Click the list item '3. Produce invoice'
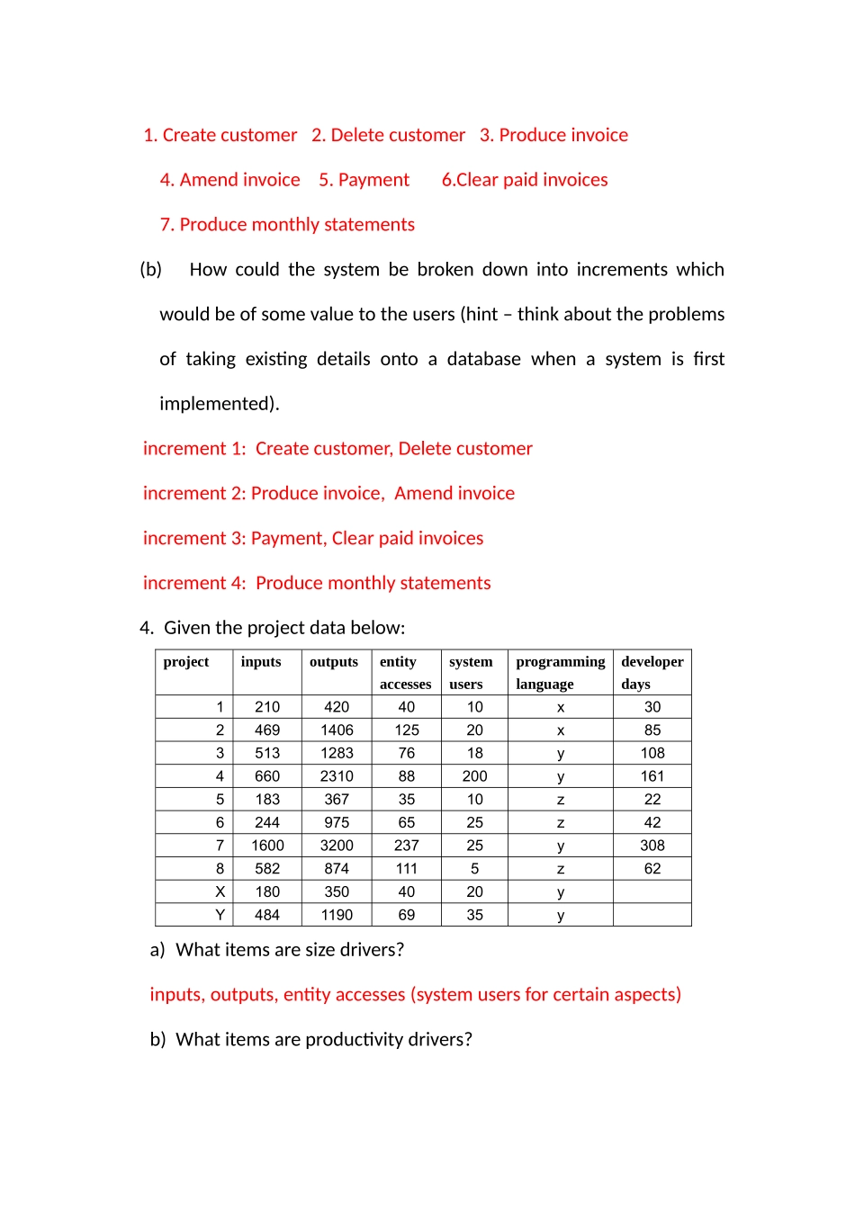[x=553, y=135]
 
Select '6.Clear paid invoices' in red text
[x=525, y=180]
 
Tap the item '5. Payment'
[x=364, y=180]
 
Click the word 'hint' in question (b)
[x=481, y=314]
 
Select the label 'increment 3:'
[x=193, y=538]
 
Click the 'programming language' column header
[x=560, y=672]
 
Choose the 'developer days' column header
[x=652, y=672]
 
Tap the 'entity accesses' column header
[x=405, y=672]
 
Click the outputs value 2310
[x=337, y=776]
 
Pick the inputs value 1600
[x=267, y=846]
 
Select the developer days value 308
[x=652, y=846]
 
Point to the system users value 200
[x=474, y=776]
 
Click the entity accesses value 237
[x=407, y=846]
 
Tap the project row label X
[x=220, y=891]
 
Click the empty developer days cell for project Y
[x=652, y=915]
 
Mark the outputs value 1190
[x=337, y=915]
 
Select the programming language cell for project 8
[x=561, y=869]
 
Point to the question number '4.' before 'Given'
[x=147, y=628]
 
